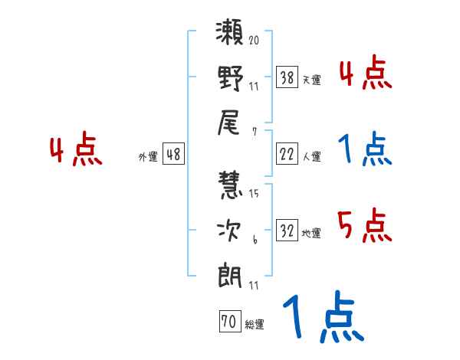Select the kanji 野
[x=231, y=79]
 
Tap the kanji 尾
[x=231, y=120]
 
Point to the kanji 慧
[x=231, y=187]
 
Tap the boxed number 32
[x=287, y=231]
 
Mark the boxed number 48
[x=173, y=154]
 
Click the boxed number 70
[x=228, y=322]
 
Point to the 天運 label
[x=311, y=80]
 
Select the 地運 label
[x=311, y=234]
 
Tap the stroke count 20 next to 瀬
[x=254, y=41]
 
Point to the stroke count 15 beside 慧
[x=254, y=194]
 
